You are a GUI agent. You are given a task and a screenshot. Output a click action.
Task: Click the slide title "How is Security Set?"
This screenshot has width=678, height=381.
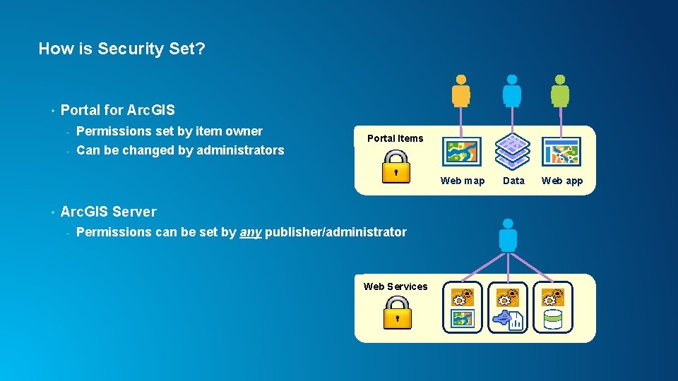(x=121, y=49)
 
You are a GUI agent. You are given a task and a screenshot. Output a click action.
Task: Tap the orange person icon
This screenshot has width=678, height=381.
(x=460, y=91)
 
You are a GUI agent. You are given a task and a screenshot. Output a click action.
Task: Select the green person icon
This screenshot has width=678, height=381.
(x=560, y=91)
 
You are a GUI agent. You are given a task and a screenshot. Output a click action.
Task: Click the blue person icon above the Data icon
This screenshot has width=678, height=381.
(x=511, y=91)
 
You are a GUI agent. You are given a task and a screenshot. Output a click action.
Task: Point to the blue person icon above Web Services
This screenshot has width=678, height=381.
(x=508, y=235)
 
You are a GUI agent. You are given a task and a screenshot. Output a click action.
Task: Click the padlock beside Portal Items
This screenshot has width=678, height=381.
(x=395, y=167)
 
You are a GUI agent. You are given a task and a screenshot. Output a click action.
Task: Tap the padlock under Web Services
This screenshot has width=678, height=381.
(x=397, y=312)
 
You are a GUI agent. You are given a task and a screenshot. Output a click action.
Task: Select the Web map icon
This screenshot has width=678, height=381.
(x=462, y=152)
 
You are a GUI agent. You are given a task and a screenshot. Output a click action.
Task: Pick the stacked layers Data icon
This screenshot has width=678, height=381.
(x=512, y=150)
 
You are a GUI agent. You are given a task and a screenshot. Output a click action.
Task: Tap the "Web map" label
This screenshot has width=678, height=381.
(x=463, y=181)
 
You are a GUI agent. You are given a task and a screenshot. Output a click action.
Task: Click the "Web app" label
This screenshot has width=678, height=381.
(x=562, y=181)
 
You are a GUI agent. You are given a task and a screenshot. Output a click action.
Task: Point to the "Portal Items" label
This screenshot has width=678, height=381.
(x=395, y=138)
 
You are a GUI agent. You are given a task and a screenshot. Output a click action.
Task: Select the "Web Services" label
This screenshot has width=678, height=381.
(x=395, y=286)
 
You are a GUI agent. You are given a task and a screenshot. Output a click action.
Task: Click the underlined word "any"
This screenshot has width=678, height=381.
(x=250, y=232)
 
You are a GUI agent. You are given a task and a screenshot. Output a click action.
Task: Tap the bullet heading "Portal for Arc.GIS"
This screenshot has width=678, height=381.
(x=118, y=110)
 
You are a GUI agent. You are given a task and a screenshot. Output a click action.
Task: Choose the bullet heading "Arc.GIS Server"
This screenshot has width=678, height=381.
(x=109, y=212)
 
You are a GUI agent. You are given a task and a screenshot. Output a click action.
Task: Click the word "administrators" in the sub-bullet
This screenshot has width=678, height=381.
(x=240, y=150)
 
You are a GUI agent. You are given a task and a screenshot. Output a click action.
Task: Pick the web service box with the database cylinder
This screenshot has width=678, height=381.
(x=553, y=308)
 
